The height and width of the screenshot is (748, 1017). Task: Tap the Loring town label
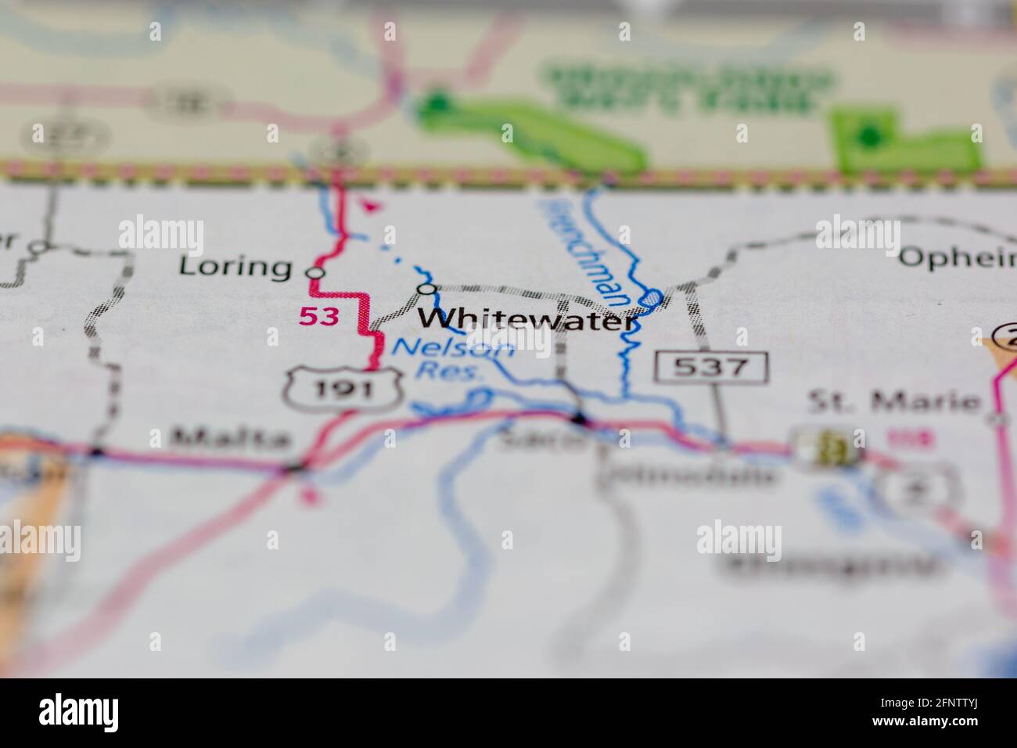click(x=235, y=267)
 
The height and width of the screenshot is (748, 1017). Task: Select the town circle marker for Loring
click(x=314, y=273)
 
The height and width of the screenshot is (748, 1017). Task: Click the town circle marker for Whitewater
click(x=426, y=289)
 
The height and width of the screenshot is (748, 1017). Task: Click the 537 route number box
click(x=712, y=365)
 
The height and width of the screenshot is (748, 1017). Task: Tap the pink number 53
click(x=320, y=317)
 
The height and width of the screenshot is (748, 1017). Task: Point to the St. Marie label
click(x=893, y=402)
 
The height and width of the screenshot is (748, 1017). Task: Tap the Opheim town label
click(x=957, y=257)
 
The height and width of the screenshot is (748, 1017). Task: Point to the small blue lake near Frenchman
click(x=652, y=298)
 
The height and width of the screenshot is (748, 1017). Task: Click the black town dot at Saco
click(x=579, y=421)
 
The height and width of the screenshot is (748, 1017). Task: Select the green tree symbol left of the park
click(x=438, y=103)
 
